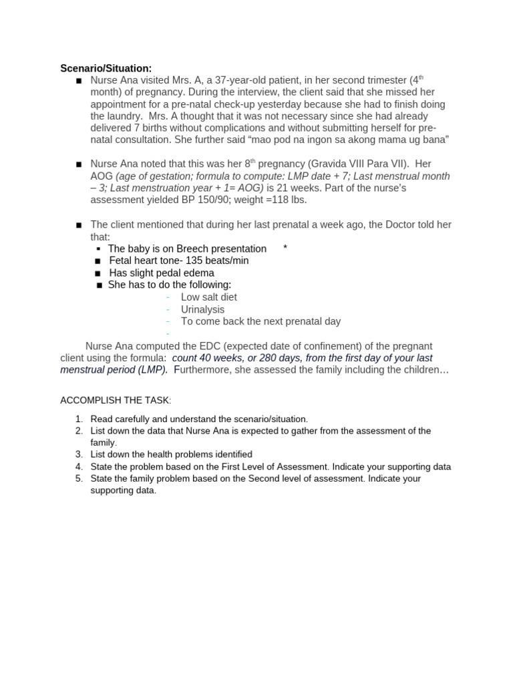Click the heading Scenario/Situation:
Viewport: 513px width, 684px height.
[x=106, y=68]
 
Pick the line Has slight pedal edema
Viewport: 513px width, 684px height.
[x=162, y=273]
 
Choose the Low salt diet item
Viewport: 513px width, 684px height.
[x=208, y=297]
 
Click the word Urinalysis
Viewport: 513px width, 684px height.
[x=202, y=309]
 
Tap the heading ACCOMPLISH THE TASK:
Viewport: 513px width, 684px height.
[x=116, y=400]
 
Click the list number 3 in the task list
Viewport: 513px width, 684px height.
[x=78, y=454]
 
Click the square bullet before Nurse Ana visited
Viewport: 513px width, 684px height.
[x=79, y=81]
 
